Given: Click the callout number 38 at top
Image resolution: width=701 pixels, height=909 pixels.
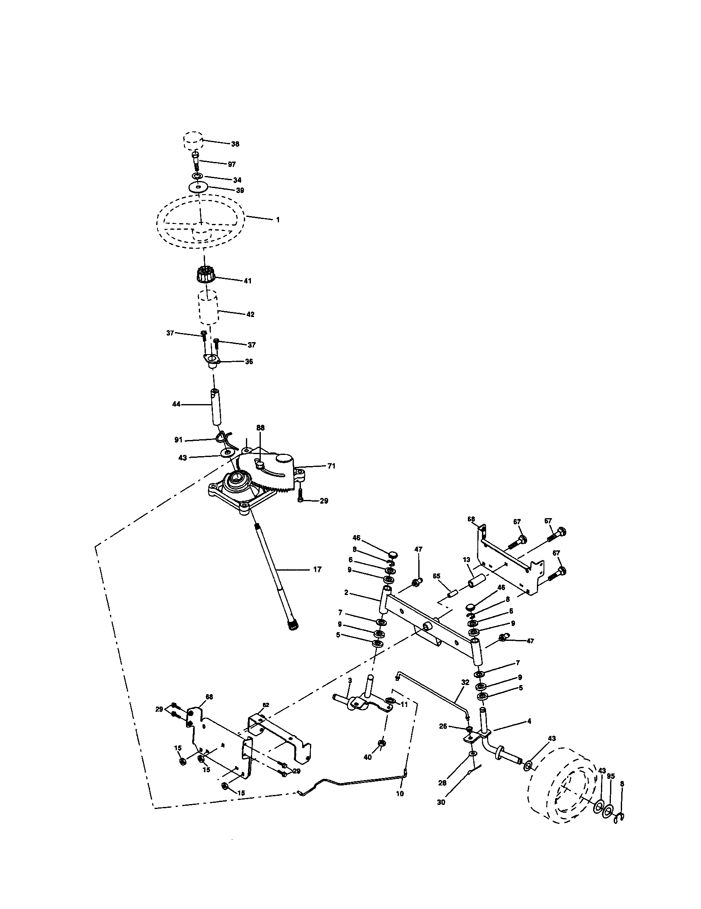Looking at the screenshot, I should coord(235,144).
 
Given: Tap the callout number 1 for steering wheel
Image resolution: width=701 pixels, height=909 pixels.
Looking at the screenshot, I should coord(278,219).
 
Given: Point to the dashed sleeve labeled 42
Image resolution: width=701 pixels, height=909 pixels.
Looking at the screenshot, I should coord(209,308).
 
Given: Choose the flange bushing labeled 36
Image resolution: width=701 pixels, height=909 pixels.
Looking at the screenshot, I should coord(212,359).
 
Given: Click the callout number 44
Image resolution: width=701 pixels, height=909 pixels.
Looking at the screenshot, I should coord(176,404).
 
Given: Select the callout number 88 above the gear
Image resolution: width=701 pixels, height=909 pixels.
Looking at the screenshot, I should coord(260,428).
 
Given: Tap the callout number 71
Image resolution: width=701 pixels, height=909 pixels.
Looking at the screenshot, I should coord(331,466).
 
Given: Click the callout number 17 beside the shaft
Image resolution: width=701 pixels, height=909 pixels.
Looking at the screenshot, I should coord(317,569).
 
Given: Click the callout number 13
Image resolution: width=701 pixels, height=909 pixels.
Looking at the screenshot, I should coord(466,560).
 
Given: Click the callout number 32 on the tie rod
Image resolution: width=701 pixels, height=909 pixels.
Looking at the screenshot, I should coord(465,683).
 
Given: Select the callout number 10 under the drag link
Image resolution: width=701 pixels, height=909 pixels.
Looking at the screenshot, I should coord(400,794).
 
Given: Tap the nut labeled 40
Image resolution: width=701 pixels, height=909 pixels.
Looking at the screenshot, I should coord(382,743).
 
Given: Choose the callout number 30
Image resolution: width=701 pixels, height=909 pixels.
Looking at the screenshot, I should coord(441,802).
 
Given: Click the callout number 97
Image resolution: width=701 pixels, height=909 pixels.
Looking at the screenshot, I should coord(232,164).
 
